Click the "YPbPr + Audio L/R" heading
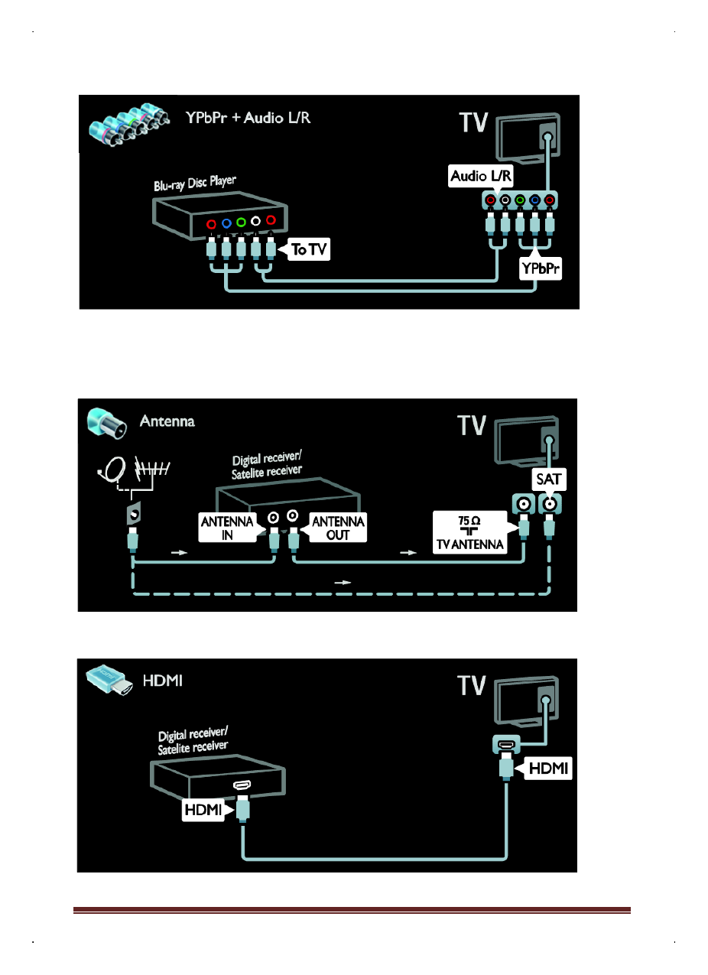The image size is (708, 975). click(248, 118)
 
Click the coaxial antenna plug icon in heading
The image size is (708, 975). click(104, 422)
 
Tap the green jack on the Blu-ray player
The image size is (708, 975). click(241, 223)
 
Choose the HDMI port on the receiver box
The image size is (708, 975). click(242, 785)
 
